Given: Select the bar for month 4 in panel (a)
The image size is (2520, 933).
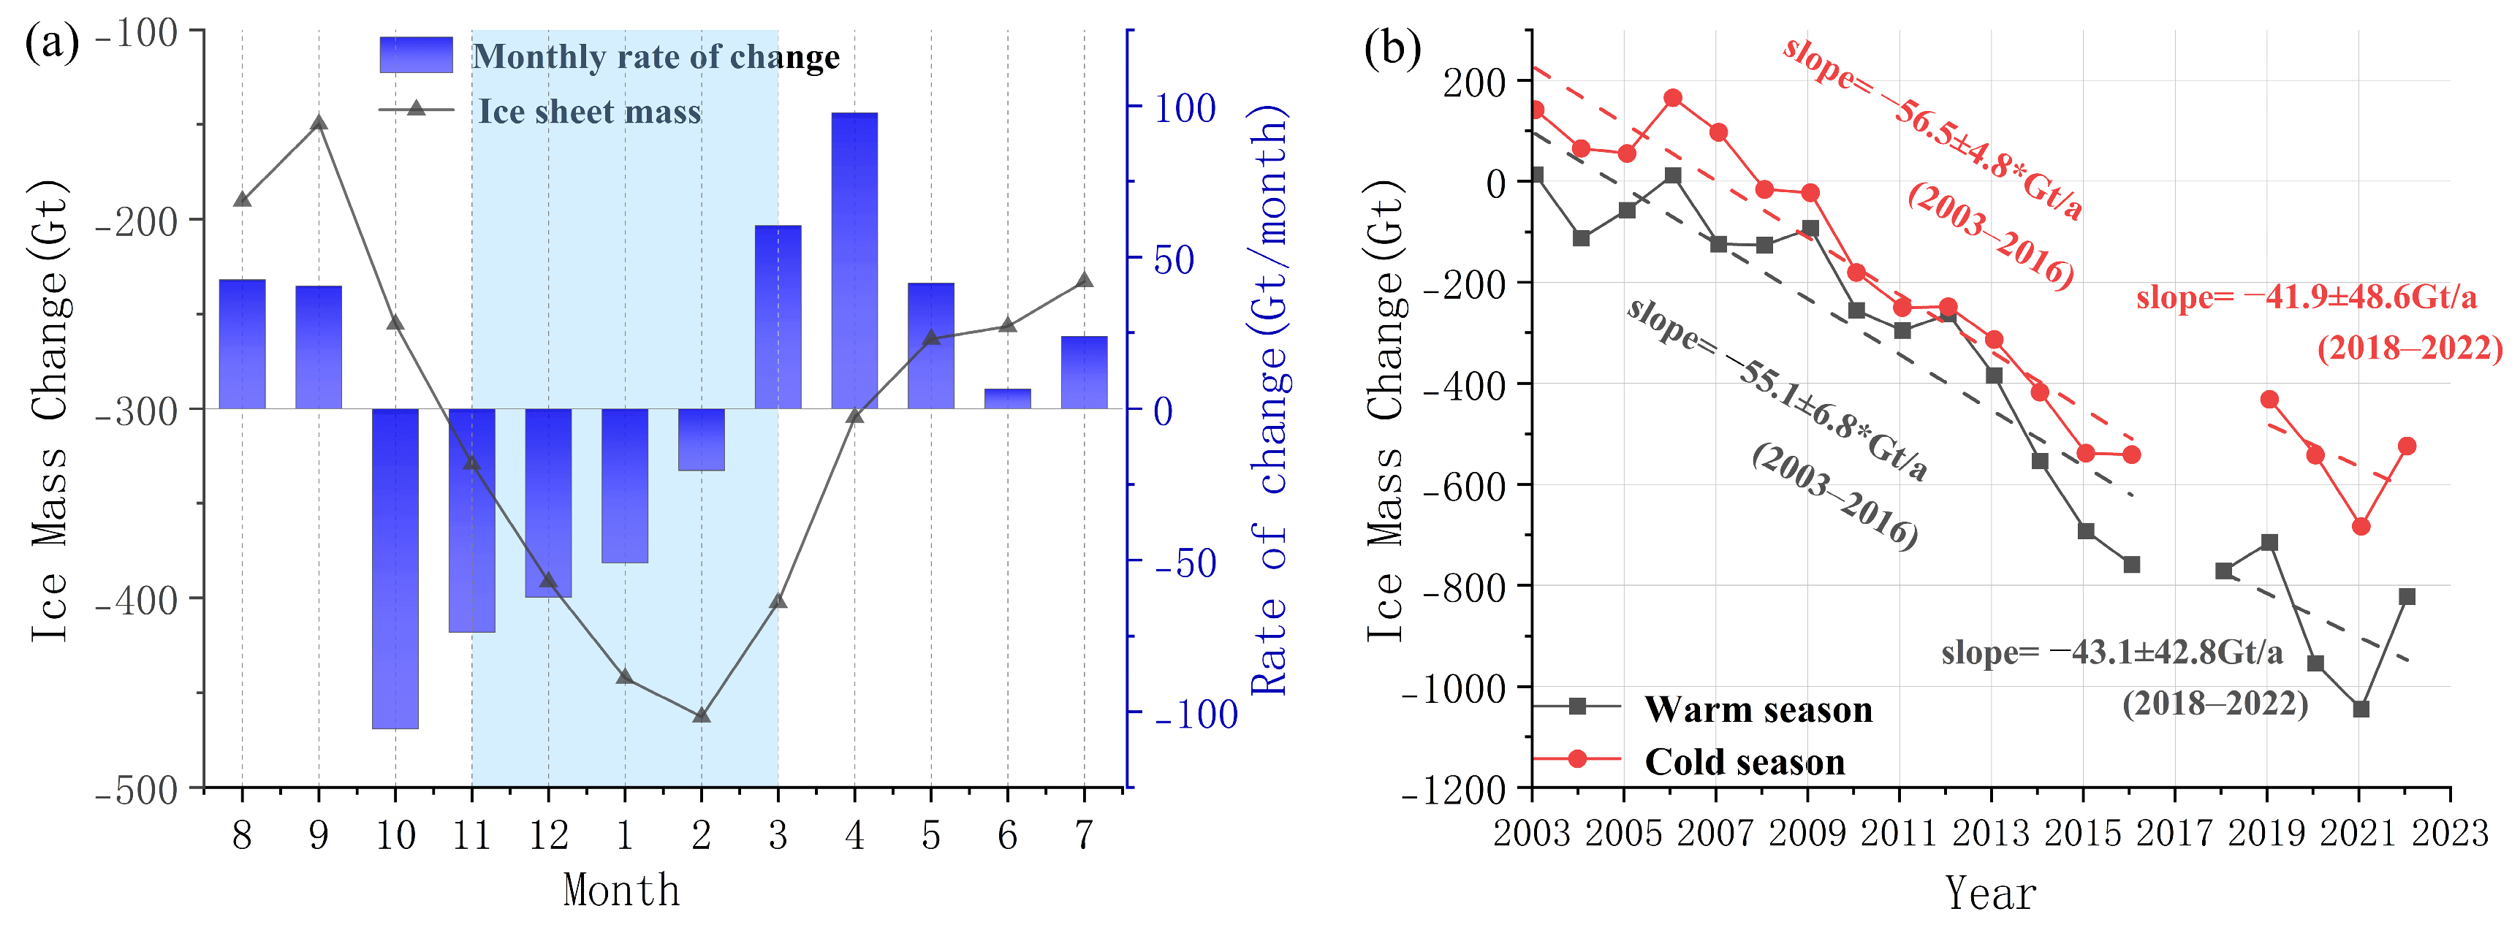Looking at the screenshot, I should click(854, 260).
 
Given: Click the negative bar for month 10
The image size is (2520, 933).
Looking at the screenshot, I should click(395, 567).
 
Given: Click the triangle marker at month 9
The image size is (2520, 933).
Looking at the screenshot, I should click(319, 122).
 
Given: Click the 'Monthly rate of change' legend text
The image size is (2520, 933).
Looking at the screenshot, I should click(656, 57).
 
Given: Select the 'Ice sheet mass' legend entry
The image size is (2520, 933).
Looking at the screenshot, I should click(589, 112).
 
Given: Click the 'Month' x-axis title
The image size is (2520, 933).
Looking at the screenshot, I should click(621, 890).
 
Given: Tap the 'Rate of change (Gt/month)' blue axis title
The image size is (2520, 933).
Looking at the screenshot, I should click(1269, 401).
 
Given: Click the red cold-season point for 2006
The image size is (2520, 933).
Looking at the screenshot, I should click(1673, 98).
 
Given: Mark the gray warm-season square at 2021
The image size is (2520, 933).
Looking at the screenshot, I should click(2361, 709).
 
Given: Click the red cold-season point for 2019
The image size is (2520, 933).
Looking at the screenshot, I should click(2269, 399).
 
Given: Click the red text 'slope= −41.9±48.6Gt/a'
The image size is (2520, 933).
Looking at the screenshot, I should click(2306, 297).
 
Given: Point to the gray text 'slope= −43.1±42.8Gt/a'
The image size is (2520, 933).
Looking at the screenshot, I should click(2111, 652).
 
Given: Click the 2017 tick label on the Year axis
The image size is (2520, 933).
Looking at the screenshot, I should click(2174, 833).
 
